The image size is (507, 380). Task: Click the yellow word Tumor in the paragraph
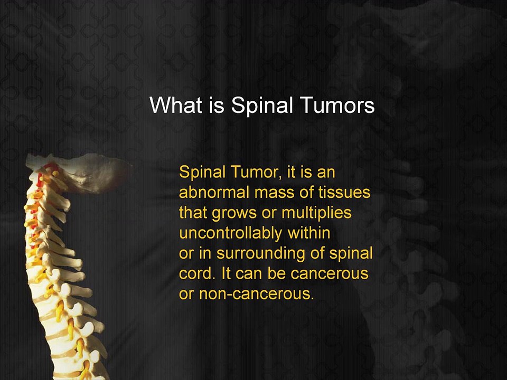[x=256, y=172]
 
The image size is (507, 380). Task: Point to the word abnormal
[x=214, y=192]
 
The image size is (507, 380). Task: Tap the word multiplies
[x=316, y=213]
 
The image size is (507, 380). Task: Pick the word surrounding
[x=260, y=254]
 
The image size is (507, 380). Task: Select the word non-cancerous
[x=257, y=294]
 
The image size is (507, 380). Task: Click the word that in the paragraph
[x=193, y=213]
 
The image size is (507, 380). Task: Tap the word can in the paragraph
[x=249, y=274]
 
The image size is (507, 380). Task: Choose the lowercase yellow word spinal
[x=351, y=254]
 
